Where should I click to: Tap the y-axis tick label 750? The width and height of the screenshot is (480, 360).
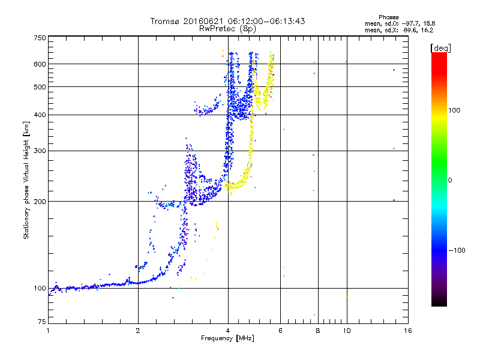pyautogui.click(x=40, y=38)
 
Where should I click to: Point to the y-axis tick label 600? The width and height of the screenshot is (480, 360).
pyautogui.click(x=40, y=64)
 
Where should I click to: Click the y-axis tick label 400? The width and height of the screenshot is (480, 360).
pyautogui.click(x=40, y=115)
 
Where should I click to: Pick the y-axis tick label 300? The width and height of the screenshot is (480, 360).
pyautogui.click(x=40, y=151)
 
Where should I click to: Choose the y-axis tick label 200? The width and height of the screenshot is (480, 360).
pyautogui.click(x=40, y=202)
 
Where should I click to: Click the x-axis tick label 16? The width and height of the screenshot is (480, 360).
pyautogui.click(x=407, y=331)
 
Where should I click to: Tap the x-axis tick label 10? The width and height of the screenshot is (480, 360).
pyautogui.click(x=346, y=331)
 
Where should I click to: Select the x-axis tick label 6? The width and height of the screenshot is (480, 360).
pyautogui.click(x=280, y=331)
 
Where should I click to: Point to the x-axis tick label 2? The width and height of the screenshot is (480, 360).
pyautogui.click(x=138, y=331)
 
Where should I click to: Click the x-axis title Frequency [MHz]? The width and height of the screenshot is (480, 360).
pyautogui.click(x=227, y=339)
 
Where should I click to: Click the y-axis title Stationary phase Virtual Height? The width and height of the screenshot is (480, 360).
pyautogui.click(x=26, y=180)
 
